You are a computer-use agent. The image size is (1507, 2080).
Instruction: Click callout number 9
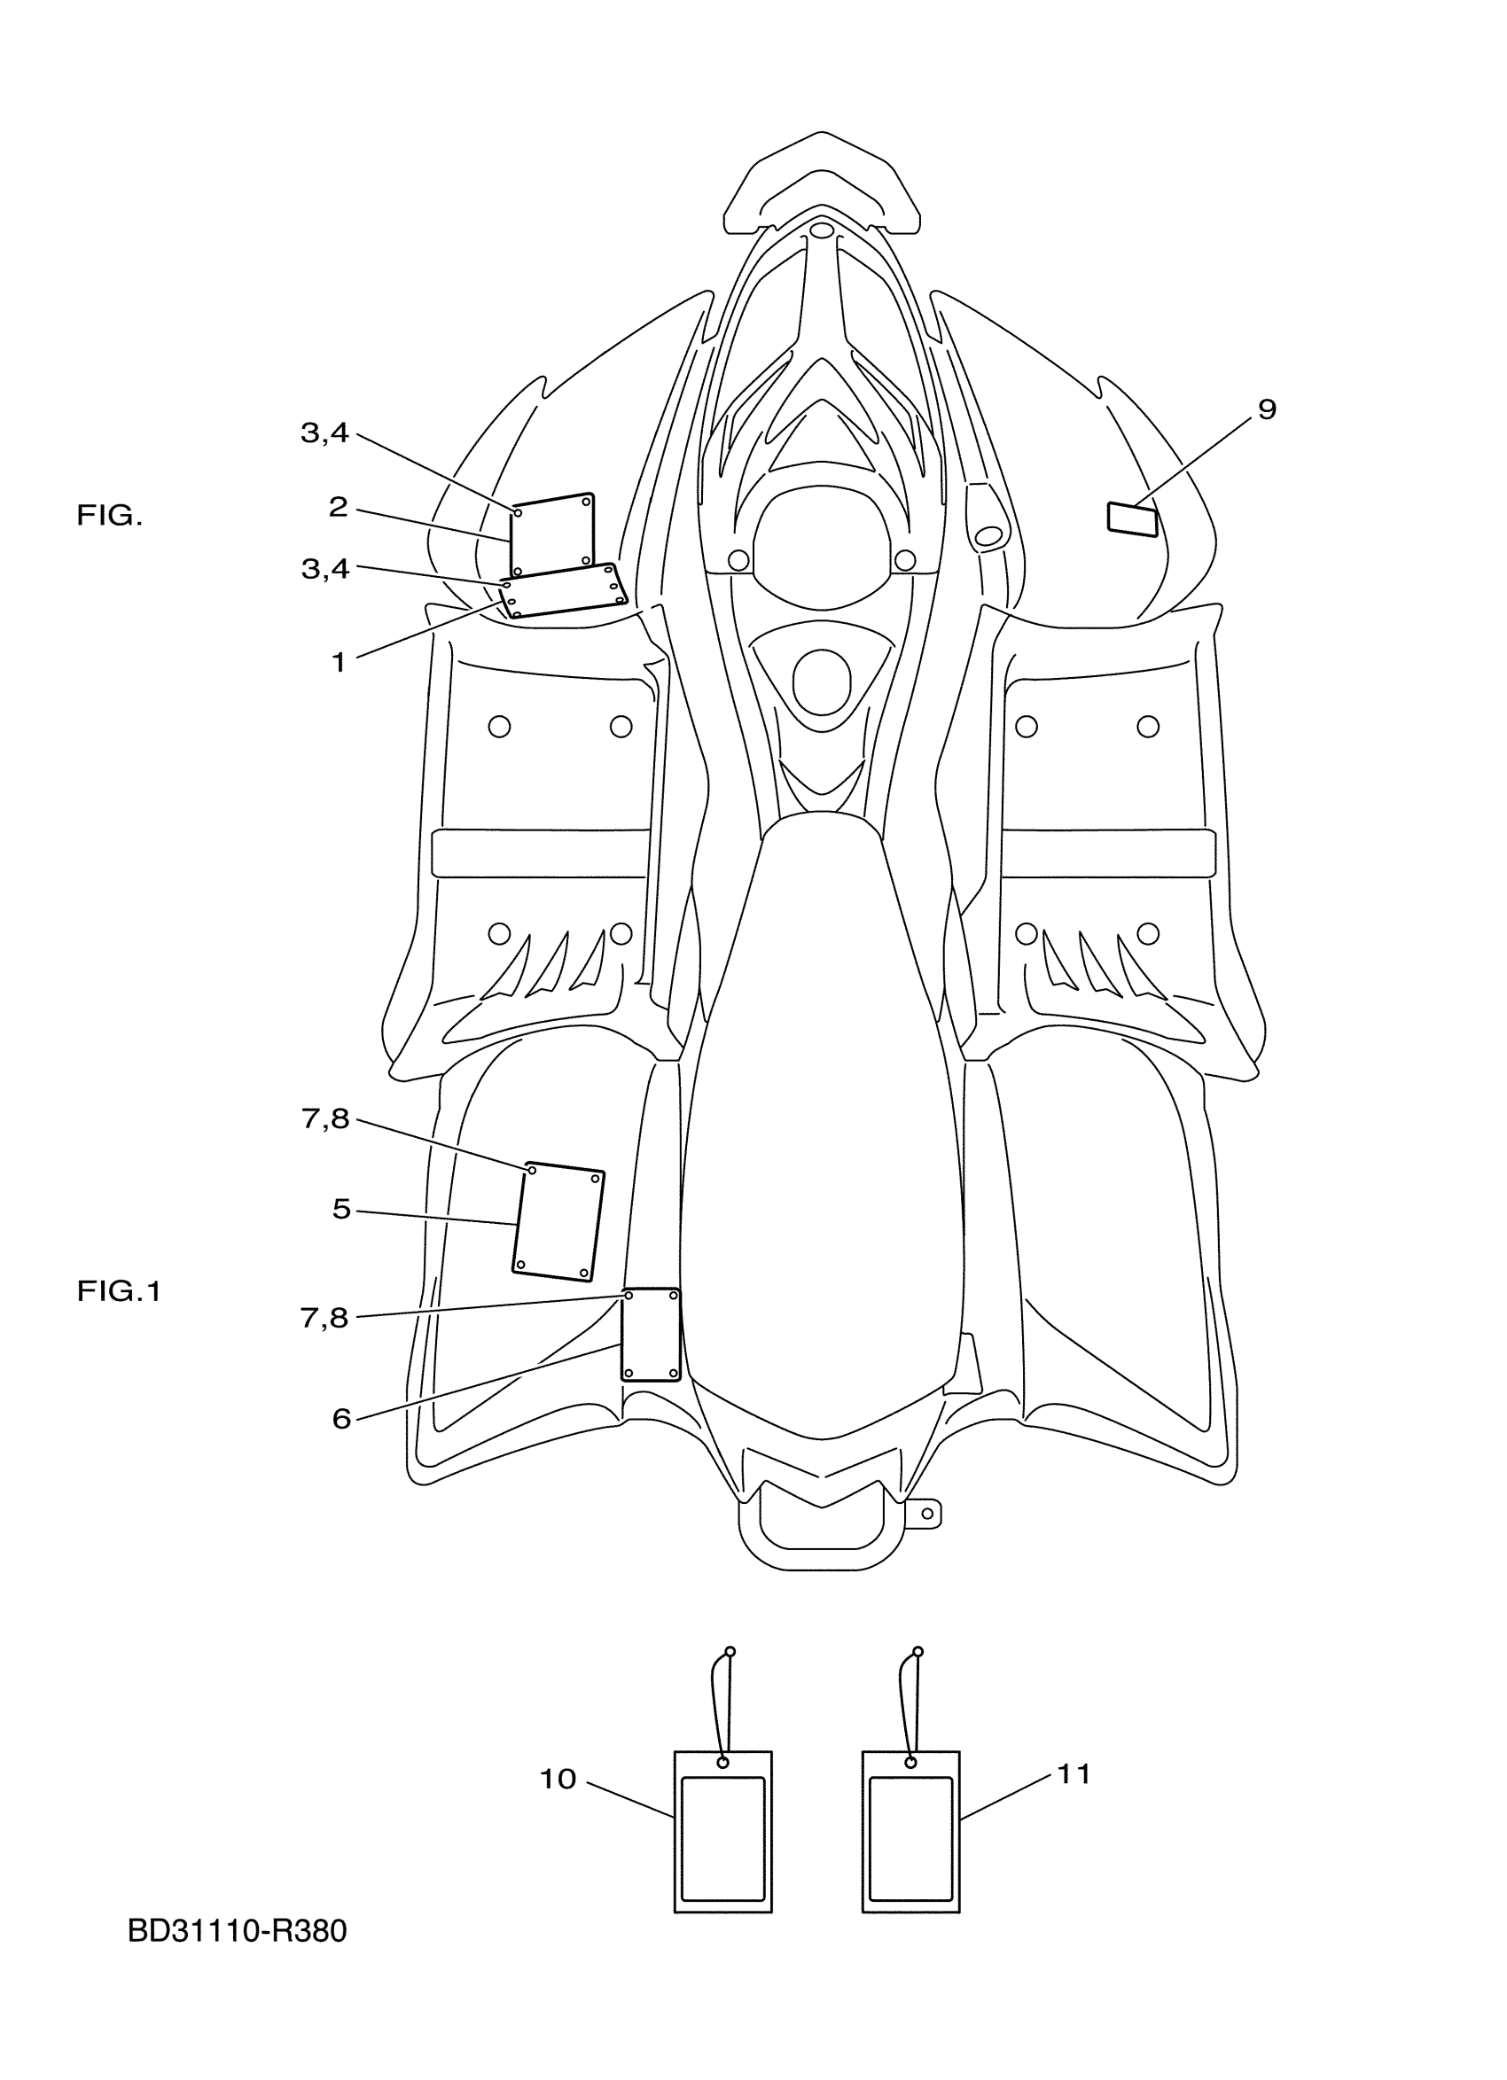[1266, 409]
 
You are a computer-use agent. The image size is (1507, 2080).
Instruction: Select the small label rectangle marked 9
[1133, 518]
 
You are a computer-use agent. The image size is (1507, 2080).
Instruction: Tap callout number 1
[339, 662]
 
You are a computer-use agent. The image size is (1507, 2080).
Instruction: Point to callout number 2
[339, 507]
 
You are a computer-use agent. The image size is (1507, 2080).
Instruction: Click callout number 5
[341, 1210]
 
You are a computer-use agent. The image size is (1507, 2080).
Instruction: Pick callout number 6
[341, 1420]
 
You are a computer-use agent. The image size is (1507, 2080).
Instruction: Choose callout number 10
[557, 1780]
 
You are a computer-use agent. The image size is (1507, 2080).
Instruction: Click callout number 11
[1074, 1774]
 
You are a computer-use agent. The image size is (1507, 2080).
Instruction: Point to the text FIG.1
[118, 1292]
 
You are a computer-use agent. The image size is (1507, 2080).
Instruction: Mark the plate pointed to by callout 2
[552, 534]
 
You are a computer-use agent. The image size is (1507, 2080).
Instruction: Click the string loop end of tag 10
[730, 1652]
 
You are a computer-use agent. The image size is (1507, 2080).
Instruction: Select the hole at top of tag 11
[910, 1763]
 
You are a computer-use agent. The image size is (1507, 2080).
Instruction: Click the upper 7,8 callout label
[324, 1118]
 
